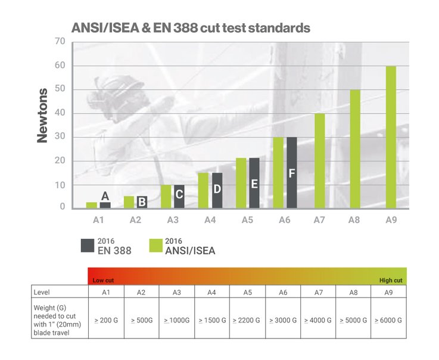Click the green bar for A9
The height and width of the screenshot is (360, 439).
391,136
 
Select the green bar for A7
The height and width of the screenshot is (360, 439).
320,160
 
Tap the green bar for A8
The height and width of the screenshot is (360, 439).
355,148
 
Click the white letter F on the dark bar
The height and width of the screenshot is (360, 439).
292,173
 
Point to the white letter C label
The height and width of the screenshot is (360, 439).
179,194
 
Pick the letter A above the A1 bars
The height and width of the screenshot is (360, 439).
105,195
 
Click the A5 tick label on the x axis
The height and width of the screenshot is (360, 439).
248,219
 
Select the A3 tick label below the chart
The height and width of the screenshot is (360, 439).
173,219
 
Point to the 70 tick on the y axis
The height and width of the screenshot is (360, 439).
60,41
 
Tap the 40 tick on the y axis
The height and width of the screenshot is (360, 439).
60,113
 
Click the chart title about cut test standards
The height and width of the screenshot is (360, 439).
191,27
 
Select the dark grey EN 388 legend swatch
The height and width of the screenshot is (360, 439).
86,246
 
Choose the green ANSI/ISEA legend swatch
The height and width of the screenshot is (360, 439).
156,246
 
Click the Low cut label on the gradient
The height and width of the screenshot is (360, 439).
102,280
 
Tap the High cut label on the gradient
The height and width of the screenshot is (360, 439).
391,280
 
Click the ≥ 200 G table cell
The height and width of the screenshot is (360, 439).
106,320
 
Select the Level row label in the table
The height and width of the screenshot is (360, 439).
43,292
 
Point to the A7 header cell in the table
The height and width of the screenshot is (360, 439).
319,292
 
